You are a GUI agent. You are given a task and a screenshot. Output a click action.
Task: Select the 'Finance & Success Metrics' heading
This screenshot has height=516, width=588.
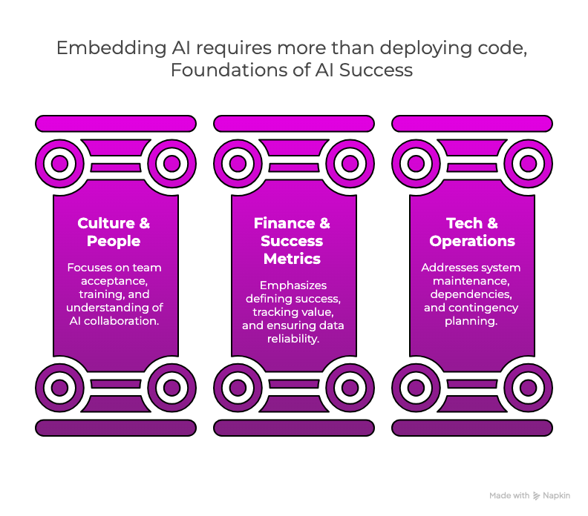point(292,241)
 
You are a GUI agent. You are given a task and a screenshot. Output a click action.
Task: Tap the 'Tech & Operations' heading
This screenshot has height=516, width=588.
point(472,232)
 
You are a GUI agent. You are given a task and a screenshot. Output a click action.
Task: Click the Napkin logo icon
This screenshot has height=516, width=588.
point(537,495)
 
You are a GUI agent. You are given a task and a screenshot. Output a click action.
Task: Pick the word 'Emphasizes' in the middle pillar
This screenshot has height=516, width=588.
point(292,285)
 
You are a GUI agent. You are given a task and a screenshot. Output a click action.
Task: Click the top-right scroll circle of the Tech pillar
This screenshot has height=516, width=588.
point(528,163)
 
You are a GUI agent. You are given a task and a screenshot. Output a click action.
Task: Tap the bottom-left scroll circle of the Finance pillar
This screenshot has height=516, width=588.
point(238,386)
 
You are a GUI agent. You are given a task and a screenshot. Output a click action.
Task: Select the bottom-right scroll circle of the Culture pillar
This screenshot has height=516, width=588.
point(171,386)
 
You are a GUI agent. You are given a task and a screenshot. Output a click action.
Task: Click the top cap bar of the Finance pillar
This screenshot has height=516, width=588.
point(294,124)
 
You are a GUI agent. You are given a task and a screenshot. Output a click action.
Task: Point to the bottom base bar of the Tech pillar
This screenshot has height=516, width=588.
point(472,428)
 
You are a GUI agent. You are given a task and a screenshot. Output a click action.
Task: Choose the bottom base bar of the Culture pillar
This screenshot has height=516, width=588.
point(116,428)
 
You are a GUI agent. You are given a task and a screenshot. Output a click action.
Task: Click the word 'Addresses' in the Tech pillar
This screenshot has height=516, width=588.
point(447,267)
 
